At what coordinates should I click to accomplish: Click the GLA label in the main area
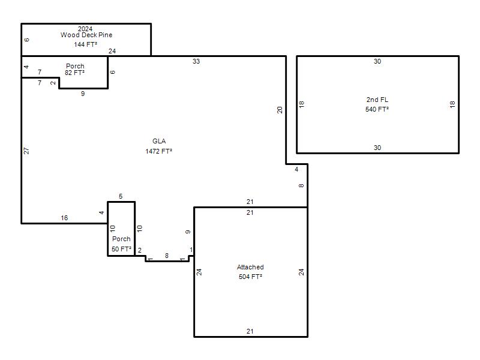159,141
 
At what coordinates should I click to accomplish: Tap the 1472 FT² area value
158,151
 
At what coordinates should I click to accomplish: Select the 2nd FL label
377,100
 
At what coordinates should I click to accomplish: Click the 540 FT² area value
377,109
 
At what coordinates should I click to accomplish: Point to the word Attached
250,267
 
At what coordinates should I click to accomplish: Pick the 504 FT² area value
250,277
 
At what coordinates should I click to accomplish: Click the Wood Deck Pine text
86,35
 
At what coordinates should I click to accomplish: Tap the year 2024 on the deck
85,29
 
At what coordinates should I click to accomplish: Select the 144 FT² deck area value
85,44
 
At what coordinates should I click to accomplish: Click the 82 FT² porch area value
74,73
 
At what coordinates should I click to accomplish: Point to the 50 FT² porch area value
121,249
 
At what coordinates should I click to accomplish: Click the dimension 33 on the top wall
196,61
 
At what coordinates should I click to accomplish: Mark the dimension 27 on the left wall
26,151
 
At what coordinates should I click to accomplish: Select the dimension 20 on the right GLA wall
280,110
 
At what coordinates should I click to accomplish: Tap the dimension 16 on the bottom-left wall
64,218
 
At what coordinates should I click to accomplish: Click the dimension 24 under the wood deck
112,51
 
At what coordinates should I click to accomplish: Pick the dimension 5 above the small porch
121,196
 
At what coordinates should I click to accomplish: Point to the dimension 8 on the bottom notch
167,256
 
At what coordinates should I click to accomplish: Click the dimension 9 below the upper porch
83,94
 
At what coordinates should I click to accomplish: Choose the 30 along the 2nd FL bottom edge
377,148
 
